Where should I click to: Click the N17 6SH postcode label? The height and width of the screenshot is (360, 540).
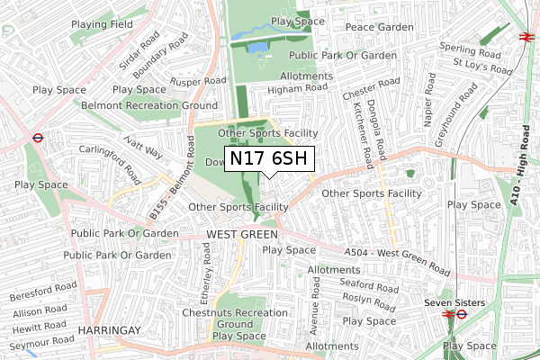268,159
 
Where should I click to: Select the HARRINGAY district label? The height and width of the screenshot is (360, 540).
111,331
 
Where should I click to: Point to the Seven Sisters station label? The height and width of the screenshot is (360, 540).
454,302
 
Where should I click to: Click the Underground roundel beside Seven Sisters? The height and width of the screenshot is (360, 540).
459,315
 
